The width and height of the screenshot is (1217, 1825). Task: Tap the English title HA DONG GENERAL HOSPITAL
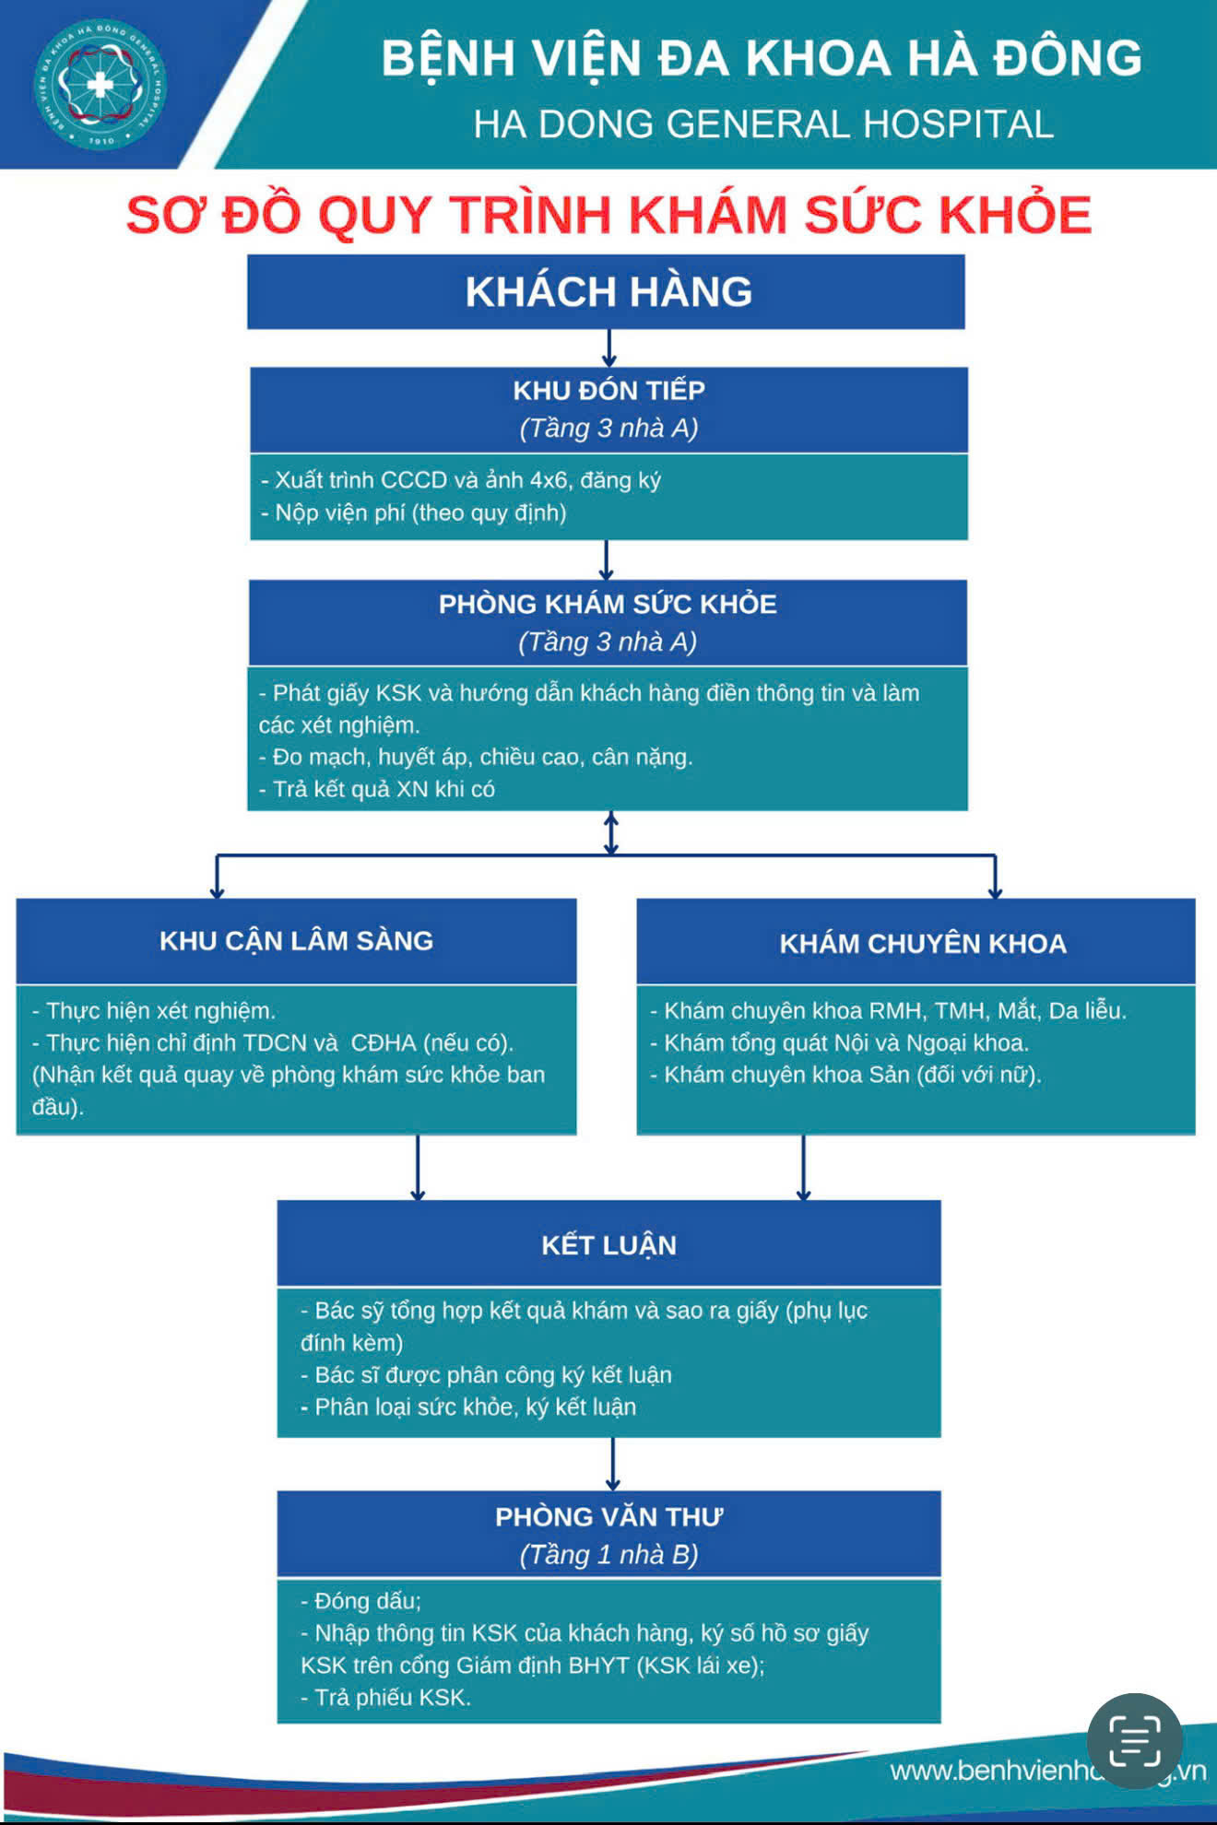pos(763,124)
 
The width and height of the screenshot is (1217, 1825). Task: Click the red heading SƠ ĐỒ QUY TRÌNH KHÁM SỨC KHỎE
pos(608,215)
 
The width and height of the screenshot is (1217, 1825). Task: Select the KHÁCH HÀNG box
pos(606,292)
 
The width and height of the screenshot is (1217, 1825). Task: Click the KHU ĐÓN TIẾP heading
pos(608,391)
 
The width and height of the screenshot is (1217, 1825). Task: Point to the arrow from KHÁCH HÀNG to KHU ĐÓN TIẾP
pos(608,348)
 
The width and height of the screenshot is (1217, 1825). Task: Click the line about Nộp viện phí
pos(414,513)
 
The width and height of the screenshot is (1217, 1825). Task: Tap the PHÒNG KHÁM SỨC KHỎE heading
pos(608,605)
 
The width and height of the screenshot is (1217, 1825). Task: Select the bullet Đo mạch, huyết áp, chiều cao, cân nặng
pos(476,758)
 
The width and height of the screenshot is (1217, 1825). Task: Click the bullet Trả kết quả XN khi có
pos(377,790)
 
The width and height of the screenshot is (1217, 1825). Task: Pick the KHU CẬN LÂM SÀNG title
pos(296,941)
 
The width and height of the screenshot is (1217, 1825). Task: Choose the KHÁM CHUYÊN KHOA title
pos(923,944)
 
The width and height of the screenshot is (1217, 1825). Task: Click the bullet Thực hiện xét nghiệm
pos(154,1011)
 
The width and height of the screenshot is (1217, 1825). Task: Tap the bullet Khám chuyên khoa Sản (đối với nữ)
pos(845,1075)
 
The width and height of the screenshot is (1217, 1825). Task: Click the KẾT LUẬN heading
pos(608,1245)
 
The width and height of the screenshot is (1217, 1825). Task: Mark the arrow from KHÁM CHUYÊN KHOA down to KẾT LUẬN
pos(803,1168)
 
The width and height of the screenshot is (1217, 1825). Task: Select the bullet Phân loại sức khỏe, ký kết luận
pos(468,1407)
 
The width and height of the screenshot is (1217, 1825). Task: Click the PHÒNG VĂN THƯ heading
pos(608,1517)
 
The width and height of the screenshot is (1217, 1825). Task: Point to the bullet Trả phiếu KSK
pos(385,1698)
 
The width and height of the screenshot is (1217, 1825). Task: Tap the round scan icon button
pos(1135,1741)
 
